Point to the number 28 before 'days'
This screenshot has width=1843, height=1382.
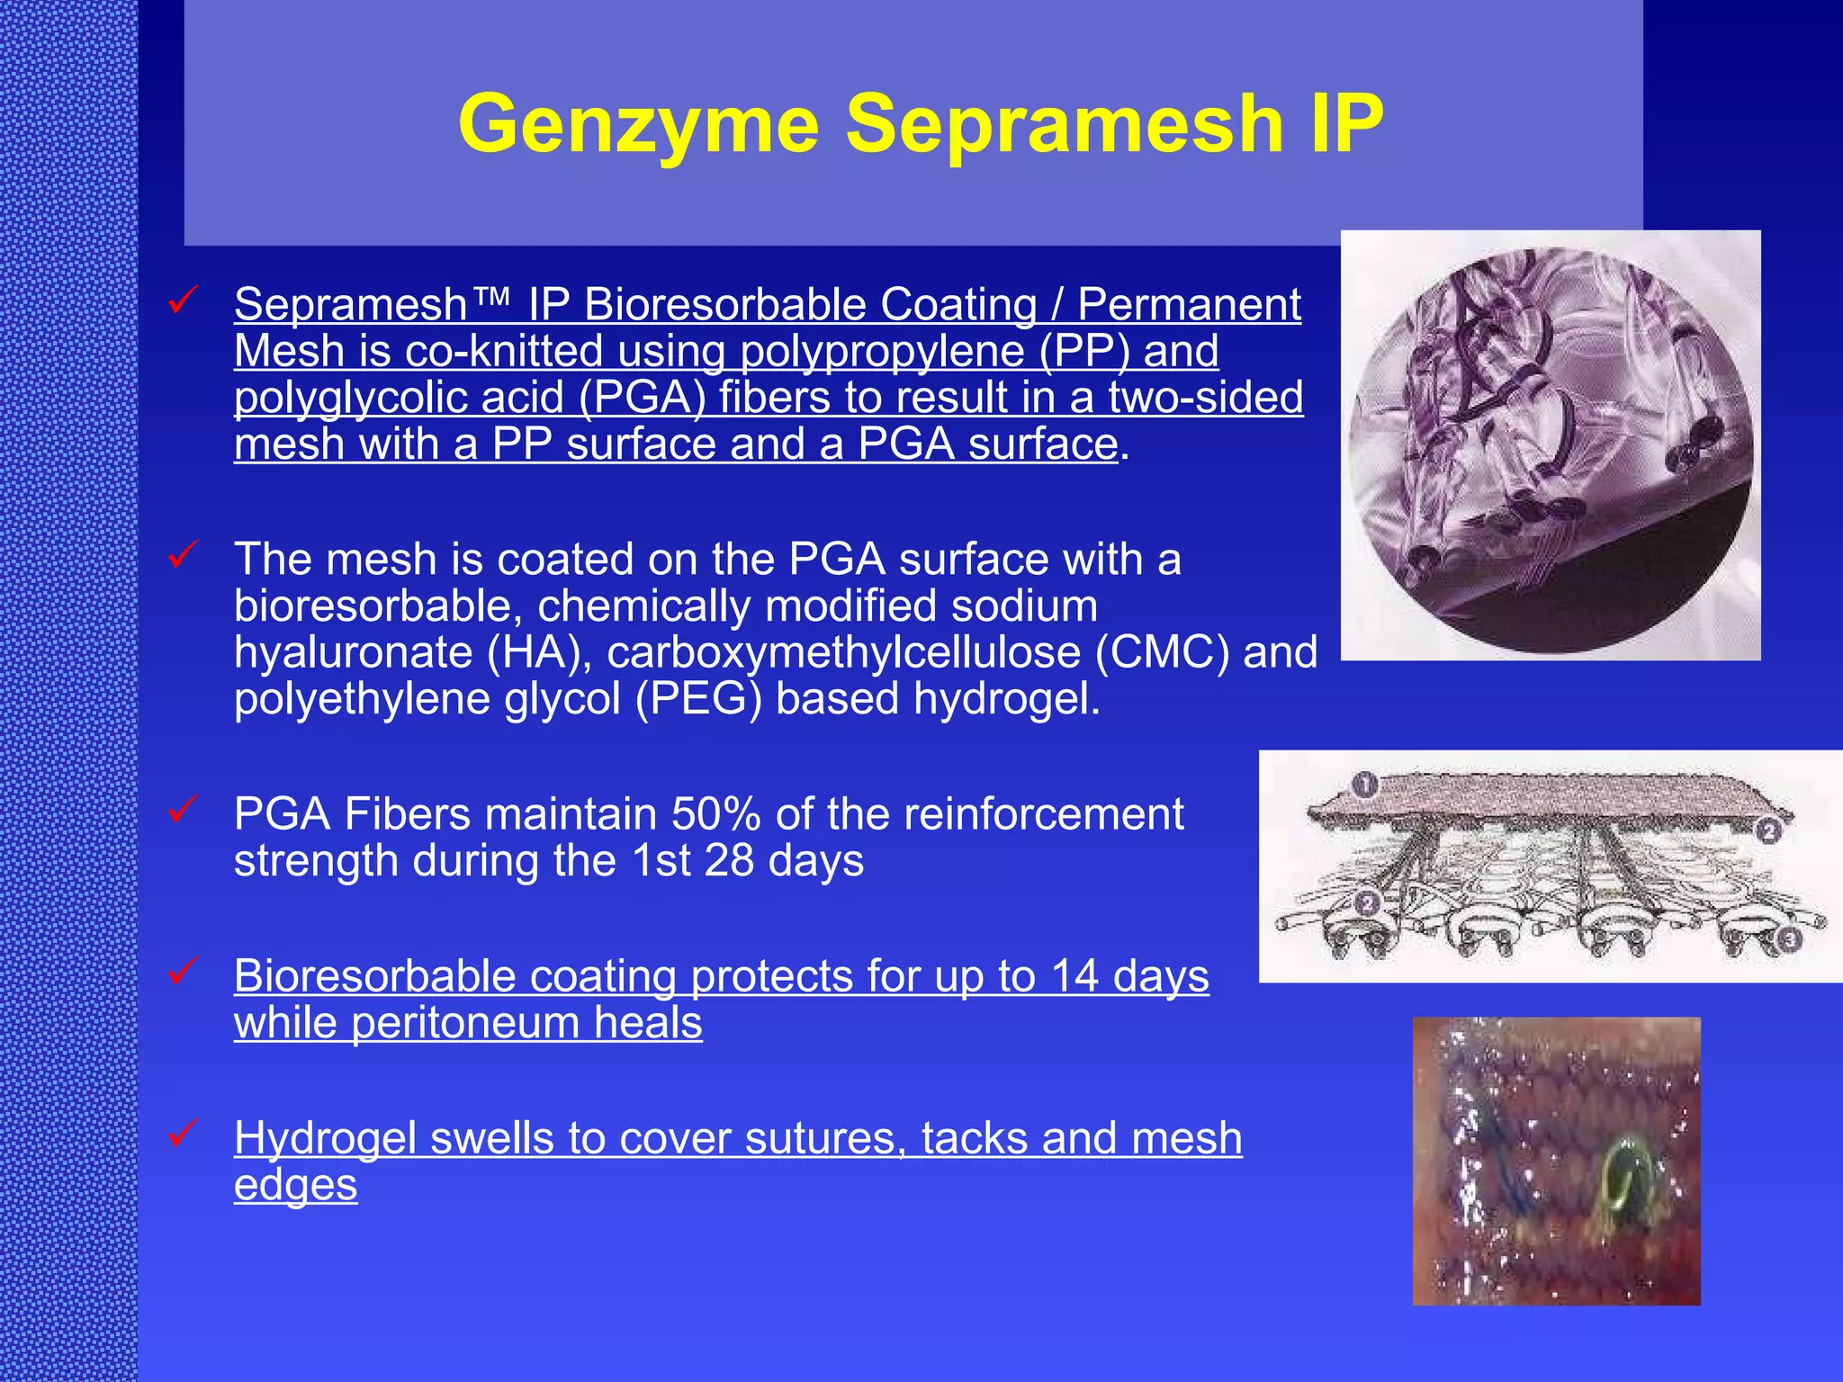coord(729,861)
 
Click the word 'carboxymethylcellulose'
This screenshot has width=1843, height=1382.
coord(843,652)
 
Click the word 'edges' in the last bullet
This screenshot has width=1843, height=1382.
coord(295,1185)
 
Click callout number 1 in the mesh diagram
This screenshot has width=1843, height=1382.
coord(1364,785)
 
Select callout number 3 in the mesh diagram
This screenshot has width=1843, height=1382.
coord(1789,940)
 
